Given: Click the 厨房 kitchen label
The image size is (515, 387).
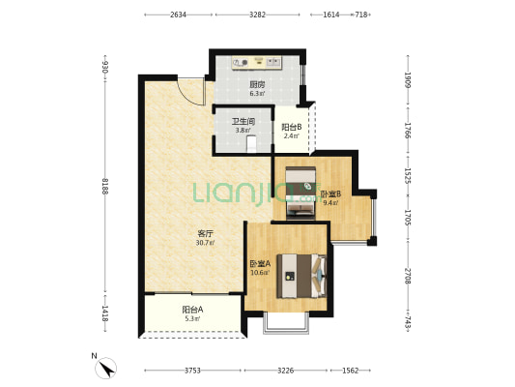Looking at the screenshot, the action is pyautogui.click(x=257, y=85).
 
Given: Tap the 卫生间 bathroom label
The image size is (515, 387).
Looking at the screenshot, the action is pyautogui.click(x=243, y=122).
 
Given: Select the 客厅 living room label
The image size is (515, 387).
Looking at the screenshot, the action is pyautogui.click(x=205, y=234).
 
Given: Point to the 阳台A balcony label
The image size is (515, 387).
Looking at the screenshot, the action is pyautogui.click(x=193, y=310).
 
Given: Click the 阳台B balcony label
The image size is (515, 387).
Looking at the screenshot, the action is pyautogui.click(x=292, y=127).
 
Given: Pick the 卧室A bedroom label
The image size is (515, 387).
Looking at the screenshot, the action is pyautogui.click(x=260, y=264).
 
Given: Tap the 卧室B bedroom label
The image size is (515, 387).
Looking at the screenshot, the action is pyautogui.click(x=330, y=194).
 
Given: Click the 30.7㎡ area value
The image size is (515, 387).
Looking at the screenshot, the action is pyautogui.click(x=205, y=243).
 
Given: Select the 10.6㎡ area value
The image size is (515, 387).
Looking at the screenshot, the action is pyautogui.click(x=260, y=273).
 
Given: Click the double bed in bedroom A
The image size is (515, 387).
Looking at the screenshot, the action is pyautogui.click(x=301, y=276).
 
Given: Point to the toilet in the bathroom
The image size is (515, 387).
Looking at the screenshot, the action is pyautogui.click(x=251, y=144).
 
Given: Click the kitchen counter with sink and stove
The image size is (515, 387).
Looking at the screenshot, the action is pyautogui.click(x=257, y=63).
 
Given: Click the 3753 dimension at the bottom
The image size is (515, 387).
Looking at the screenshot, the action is pyautogui.click(x=192, y=371).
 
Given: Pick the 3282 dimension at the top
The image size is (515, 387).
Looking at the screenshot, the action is pyautogui.click(x=257, y=15).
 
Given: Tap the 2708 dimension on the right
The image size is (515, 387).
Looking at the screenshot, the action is pyautogui.click(x=408, y=276).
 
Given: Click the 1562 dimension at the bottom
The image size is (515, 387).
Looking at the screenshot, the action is pyautogui.click(x=351, y=371).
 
